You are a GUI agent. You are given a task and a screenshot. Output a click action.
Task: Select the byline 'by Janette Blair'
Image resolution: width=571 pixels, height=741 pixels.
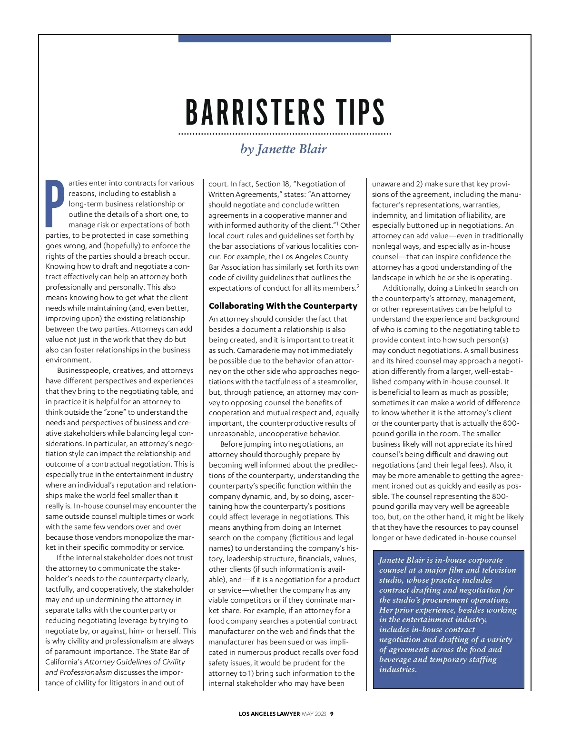tap(284, 149)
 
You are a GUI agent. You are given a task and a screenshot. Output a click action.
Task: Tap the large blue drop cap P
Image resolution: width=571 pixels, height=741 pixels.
tap(55, 203)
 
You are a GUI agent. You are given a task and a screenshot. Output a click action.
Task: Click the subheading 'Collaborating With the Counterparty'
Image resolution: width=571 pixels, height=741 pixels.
tap(283, 306)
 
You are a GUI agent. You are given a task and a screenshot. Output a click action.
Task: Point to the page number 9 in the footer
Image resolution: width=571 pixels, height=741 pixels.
tap(332, 714)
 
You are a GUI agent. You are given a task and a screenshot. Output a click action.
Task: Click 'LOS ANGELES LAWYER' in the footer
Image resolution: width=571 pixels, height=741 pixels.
tap(269, 714)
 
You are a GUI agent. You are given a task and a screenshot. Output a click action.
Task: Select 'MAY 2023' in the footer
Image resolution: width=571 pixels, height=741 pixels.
tap(314, 714)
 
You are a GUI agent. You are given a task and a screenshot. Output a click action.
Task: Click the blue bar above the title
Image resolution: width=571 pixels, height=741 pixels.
tap(285, 39)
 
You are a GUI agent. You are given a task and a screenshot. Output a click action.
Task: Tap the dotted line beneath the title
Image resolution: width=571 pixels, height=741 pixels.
tap(285, 134)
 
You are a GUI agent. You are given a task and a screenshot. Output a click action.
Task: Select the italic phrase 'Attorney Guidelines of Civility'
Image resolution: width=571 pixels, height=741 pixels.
tap(135, 662)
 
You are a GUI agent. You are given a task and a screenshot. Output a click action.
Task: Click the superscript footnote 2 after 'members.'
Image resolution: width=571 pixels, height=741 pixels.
tap(358, 286)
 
